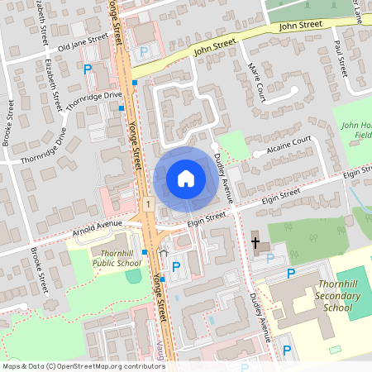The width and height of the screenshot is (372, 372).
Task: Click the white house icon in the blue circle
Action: click(x=185, y=178)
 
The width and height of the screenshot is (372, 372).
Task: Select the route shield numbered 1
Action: click(x=146, y=203)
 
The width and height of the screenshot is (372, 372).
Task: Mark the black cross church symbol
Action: click(x=256, y=243)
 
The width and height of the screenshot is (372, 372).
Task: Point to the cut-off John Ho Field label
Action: click(x=356, y=130)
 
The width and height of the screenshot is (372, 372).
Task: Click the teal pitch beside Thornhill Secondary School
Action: click(x=355, y=293)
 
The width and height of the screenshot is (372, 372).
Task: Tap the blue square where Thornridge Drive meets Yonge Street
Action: click(x=122, y=107)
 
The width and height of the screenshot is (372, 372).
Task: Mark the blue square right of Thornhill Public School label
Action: click(x=145, y=251)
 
